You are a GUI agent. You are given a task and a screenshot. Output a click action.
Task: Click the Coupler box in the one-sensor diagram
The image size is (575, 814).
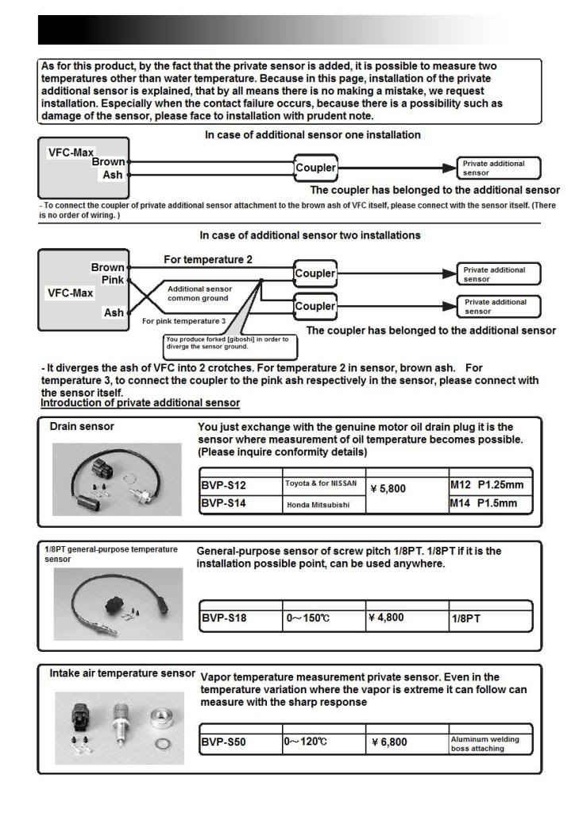point(315,168)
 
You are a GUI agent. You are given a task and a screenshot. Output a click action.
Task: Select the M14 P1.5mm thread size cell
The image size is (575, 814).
point(485,503)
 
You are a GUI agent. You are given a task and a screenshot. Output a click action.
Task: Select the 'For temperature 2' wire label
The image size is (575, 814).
point(208,259)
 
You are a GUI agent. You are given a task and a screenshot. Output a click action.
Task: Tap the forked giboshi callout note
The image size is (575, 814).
point(226,343)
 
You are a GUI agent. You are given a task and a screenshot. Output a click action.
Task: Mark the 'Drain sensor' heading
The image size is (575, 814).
point(82,427)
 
